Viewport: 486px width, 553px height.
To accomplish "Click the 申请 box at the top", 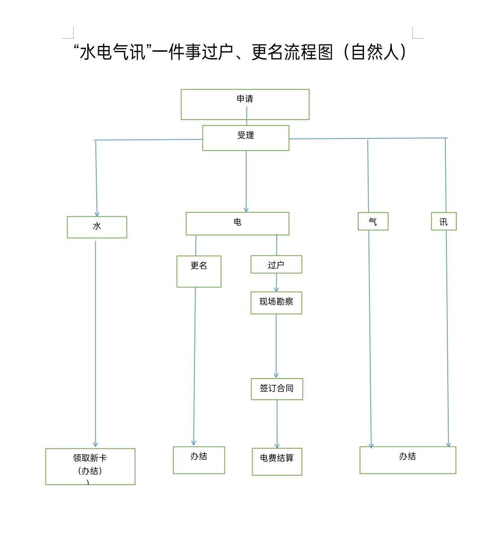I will [x=245, y=104].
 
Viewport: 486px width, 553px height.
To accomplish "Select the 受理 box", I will [x=246, y=138].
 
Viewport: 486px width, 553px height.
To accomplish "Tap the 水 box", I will [x=97, y=227].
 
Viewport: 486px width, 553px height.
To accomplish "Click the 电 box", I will [x=237, y=223].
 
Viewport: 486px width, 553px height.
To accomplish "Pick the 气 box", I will [x=373, y=221].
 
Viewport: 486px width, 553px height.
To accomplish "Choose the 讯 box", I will [x=444, y=221].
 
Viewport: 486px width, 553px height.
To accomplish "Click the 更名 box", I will [x=199, y=271].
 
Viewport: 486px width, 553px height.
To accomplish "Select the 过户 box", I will [x=276, y=264].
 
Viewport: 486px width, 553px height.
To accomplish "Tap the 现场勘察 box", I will [x=276, y=303].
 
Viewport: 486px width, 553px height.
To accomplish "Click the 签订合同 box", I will [x=277, y=389].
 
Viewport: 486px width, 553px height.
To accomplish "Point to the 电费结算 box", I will [x=277, y=461].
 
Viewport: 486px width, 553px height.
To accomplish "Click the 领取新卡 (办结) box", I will [x=90, y=466].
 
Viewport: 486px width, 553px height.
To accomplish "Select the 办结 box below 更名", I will [x=199, y=460].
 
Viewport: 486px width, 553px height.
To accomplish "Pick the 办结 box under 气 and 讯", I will [x=408, y=460].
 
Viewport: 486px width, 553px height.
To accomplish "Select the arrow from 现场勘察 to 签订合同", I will [x=276, y=346].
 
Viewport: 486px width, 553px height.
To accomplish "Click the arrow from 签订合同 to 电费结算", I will [x=277, y=424].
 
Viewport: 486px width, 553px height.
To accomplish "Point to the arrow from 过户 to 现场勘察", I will [x=276, y=283].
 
